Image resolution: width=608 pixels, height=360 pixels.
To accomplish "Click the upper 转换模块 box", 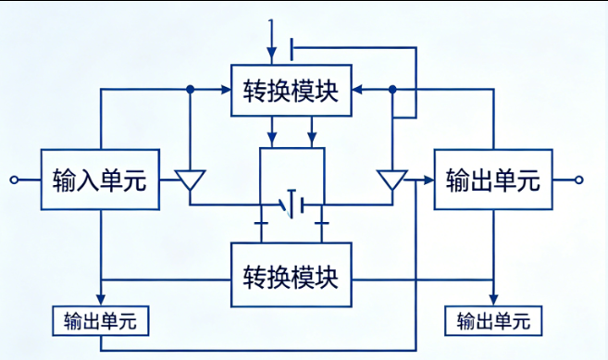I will tap(291, 92).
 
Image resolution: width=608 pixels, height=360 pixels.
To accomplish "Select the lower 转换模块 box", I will tap(291, 275).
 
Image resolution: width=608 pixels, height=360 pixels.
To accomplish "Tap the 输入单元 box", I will tap(100, 180).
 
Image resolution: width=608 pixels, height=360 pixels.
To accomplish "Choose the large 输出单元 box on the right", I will tap(492, 180).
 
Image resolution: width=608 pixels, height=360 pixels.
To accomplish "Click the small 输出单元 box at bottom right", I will tap(493, 321).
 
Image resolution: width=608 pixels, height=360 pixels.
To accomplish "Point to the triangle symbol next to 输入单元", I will tap(191, 181).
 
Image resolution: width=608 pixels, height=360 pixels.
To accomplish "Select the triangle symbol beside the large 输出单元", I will tap(392, 181).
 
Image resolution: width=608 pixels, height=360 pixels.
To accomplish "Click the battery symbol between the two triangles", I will tap(292, 204).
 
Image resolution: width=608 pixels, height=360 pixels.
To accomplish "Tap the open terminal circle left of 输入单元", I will tap(13, 180).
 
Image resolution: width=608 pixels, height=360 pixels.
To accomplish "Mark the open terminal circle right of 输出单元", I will tap(580, 180).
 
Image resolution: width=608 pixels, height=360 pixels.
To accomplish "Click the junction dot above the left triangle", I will tap(191, 90).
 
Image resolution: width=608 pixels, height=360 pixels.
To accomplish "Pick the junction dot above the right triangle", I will tap(392, 90).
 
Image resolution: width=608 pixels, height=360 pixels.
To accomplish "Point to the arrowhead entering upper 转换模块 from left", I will tap(226, 90).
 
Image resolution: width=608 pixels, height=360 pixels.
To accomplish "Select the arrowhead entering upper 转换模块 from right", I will tap(357, 90).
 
